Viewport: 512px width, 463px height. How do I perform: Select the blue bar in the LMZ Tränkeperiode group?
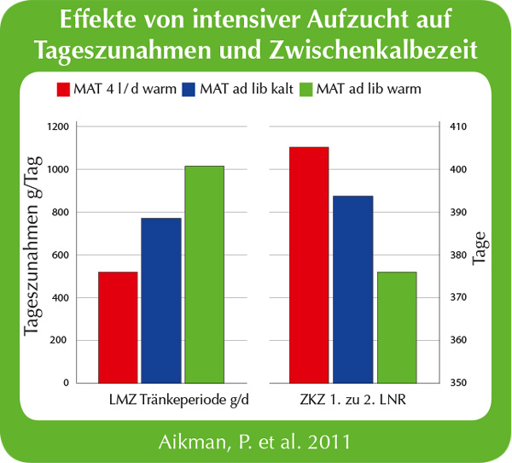coord(161,300)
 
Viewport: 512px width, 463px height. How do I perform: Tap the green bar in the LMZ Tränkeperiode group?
coord(205,274)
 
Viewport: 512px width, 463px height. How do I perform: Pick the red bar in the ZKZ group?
coord(309,265)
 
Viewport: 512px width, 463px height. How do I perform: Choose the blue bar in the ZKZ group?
coord(352,290)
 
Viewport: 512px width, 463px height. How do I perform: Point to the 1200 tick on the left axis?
coord(57,127)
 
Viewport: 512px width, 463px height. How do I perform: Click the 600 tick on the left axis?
coord(60,255)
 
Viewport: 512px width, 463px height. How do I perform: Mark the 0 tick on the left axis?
coord(66,383)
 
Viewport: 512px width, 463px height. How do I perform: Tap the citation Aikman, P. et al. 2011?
coord(255,442)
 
